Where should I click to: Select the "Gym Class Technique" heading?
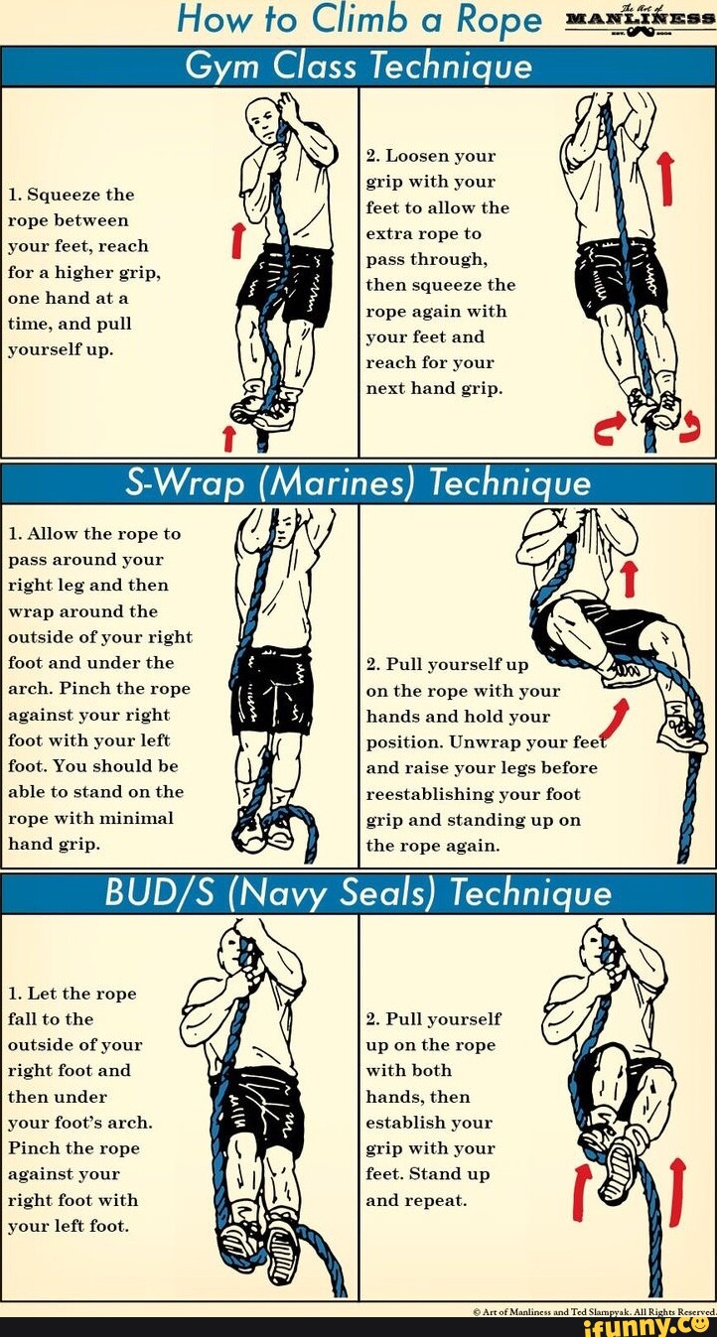tap(358, 67)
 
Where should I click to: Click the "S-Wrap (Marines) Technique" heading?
tap(358, 482)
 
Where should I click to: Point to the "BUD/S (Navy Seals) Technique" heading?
tap(358, 893)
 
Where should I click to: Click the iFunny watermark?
tap(645, 1325)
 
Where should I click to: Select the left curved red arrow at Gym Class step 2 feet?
tap(605, 428)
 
